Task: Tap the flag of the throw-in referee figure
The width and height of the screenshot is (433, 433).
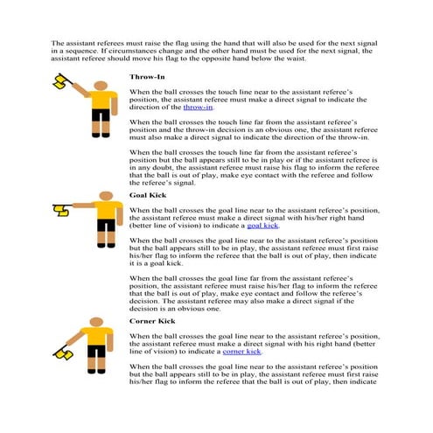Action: [x=61, y=80]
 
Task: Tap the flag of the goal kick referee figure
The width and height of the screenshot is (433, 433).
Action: [x=60, y=209]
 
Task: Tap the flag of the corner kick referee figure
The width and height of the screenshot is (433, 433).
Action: [x=64, y=354]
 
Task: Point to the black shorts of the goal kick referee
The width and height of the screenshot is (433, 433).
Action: [x=106, y=227]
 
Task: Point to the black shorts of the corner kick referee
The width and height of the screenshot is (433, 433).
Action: [x=96, y=352]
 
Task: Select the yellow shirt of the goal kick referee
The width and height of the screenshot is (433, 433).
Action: [x=106, y=210]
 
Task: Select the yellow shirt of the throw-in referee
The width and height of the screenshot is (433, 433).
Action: [x=99, y=100]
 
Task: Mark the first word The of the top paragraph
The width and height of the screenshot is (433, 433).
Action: [x=58, y=41]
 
